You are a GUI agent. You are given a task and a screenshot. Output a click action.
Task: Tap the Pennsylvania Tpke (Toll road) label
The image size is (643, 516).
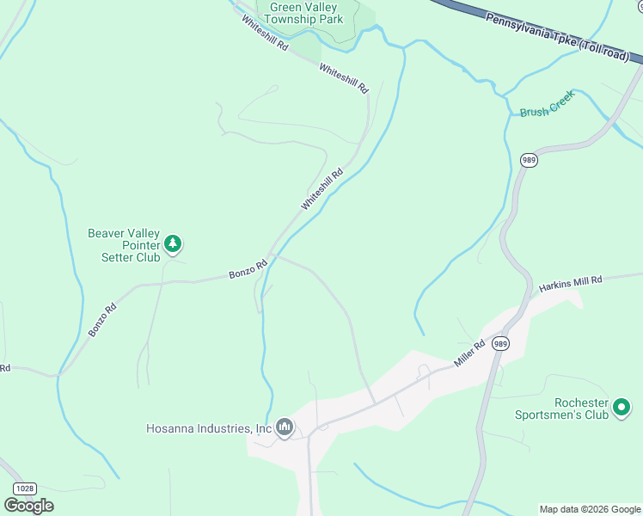coord(563,37)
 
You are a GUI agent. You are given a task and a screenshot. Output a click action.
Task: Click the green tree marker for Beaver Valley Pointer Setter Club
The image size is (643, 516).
coord(173,245)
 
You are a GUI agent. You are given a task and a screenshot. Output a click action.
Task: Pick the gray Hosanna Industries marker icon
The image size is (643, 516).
coord(285,427)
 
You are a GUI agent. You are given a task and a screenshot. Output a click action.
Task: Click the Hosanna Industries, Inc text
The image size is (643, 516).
coord(209,427)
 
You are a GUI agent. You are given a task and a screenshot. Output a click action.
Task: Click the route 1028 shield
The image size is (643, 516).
coord(26,488)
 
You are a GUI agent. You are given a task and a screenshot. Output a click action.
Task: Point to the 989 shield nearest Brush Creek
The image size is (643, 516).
coord(529,161)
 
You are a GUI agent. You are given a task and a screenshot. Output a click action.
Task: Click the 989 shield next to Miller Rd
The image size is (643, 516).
coord(501,344)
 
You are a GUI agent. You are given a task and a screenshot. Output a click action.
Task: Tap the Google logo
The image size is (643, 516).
coord(29,506)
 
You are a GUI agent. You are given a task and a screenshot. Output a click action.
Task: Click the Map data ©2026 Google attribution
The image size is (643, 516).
coord(590,509)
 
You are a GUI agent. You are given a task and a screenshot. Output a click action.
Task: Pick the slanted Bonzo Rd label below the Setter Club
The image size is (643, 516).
coord(100,319)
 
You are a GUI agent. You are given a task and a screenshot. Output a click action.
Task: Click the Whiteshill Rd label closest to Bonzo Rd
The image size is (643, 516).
coord(322,189)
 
